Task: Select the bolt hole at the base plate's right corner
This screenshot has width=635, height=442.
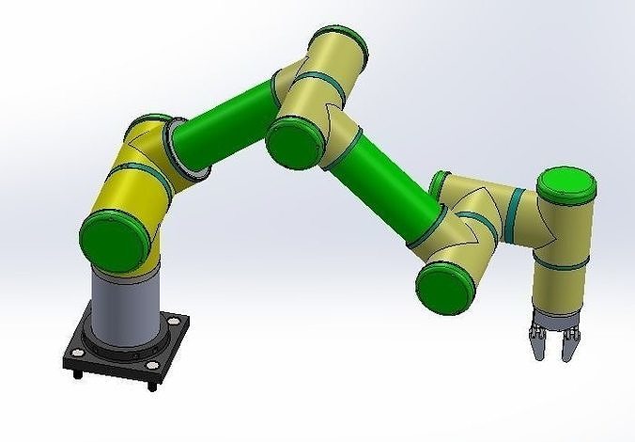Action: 177,326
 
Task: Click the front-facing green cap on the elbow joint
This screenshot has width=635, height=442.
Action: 295,139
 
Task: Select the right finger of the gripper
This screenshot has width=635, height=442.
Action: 567,342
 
